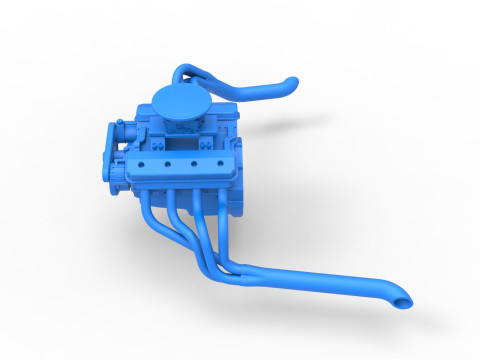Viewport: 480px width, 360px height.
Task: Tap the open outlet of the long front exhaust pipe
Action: click(x=402, y=301)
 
